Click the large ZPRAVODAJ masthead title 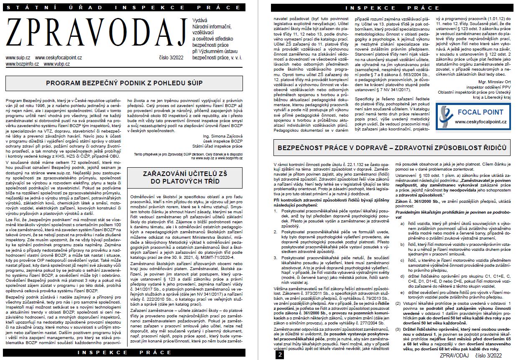(x=96, y=34)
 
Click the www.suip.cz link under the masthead (x=18, y=57)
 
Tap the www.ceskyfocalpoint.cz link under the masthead (x=59, y=57)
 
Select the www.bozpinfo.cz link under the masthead (x=22, y=64)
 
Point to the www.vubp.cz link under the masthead (x=57, y=64)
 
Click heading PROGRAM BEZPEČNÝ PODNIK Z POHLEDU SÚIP (x=124, y=83)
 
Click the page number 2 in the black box (x=280, y=355)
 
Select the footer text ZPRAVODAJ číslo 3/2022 (x=470, y=355)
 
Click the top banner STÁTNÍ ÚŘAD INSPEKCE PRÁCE (x=124, y=8)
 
